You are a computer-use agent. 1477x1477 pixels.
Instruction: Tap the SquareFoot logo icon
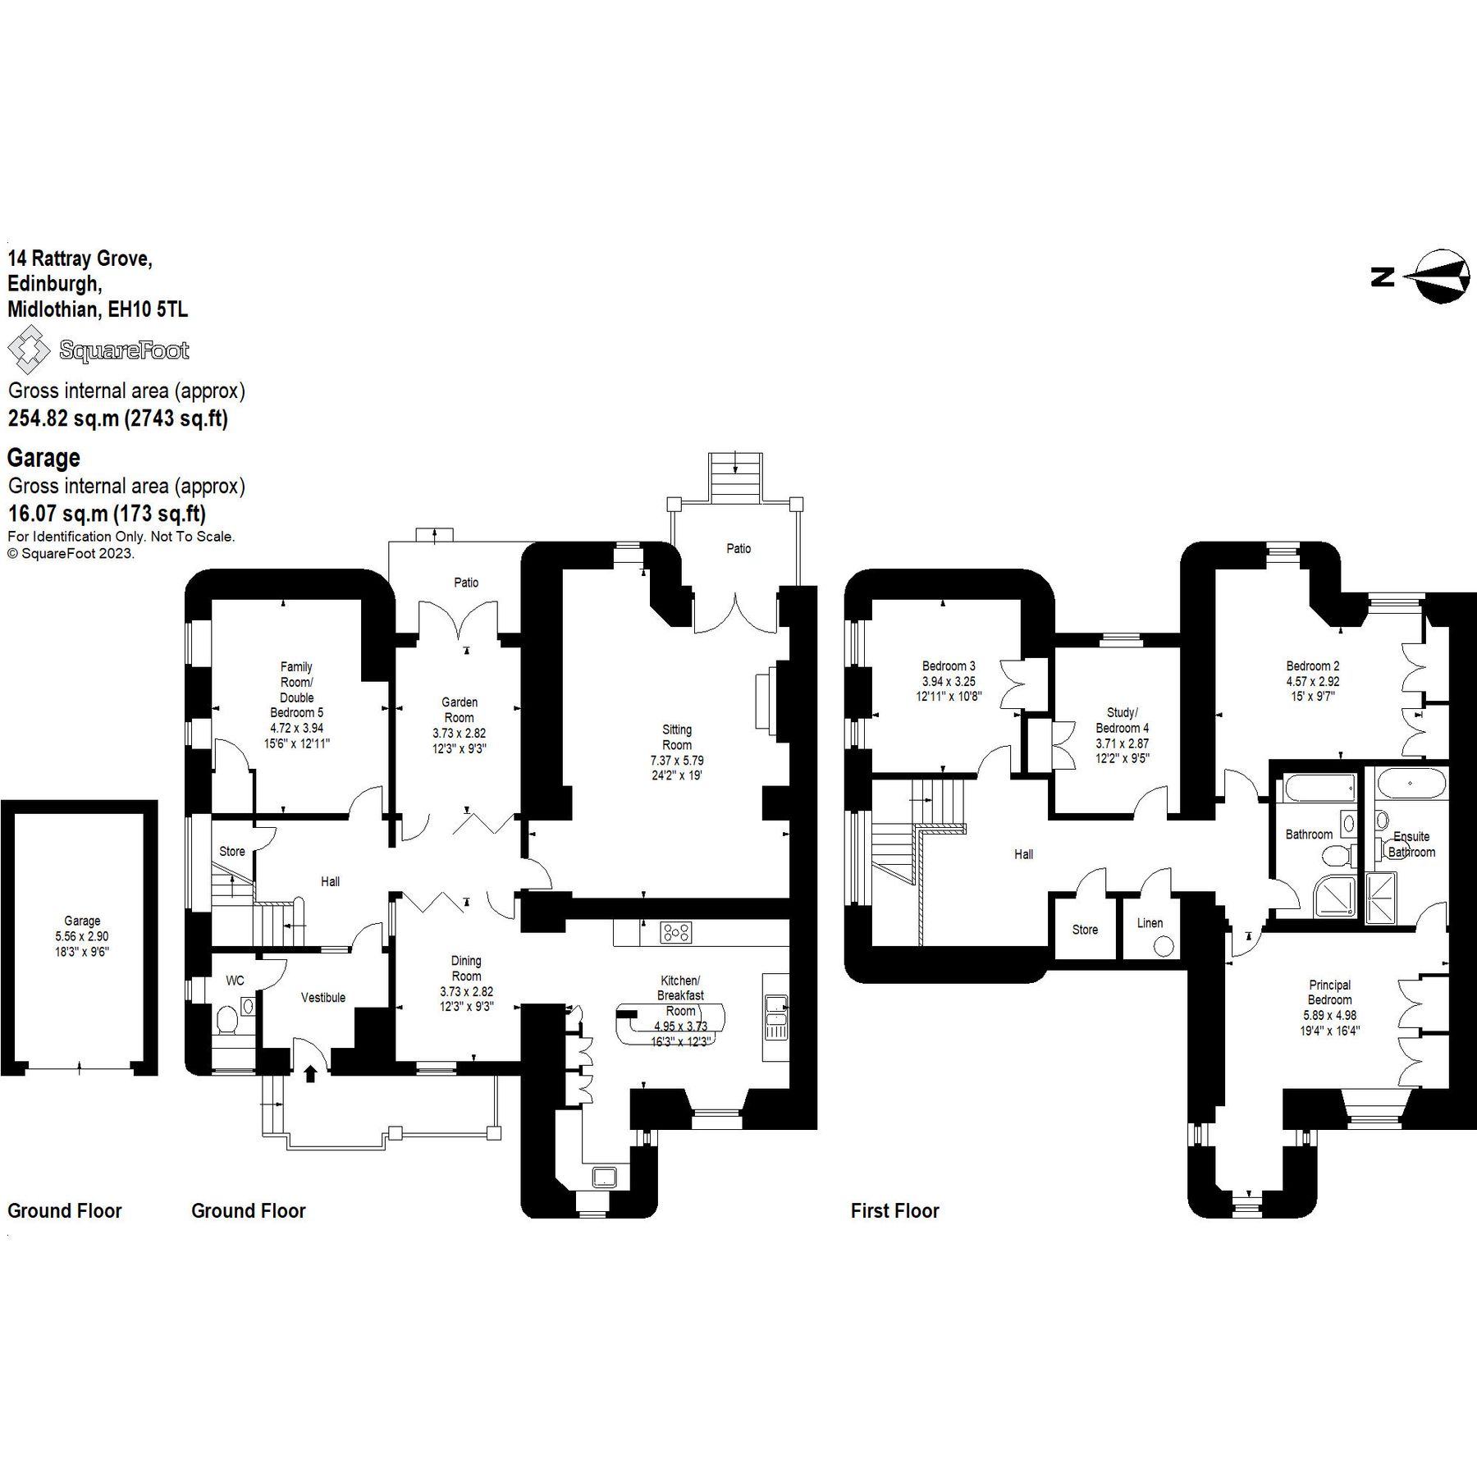tap(29, 350)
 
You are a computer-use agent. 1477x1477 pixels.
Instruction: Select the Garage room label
tap(82, 921)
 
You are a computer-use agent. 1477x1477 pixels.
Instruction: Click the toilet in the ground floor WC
tap(227, 1020)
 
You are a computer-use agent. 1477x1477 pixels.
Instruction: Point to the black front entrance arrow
tap(310, 1073)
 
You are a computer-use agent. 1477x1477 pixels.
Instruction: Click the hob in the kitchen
tap(676, 932)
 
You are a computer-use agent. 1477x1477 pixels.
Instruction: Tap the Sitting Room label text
tap(677, 737)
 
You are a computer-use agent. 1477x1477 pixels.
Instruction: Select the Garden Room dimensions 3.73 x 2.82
tap(460, 733)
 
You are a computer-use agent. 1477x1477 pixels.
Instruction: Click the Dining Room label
tap(466, 968)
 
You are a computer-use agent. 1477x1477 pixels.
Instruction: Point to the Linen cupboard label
tap(1150, 922)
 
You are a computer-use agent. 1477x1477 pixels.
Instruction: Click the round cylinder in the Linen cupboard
tap(1163, 946)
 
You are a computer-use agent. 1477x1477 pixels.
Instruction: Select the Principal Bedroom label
tap(1329, 992)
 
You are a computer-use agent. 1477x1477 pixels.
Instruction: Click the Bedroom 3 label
tap(949, 665)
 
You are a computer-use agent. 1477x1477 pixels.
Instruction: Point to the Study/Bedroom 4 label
tap(1122, 720)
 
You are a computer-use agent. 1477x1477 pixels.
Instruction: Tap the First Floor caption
tap(894, 1210)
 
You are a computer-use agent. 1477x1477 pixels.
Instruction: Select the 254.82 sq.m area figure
tap(63, 418)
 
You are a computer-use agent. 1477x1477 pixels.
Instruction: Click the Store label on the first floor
tap(1085, 929)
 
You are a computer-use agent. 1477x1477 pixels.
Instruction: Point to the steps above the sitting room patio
tap(735, 475)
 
